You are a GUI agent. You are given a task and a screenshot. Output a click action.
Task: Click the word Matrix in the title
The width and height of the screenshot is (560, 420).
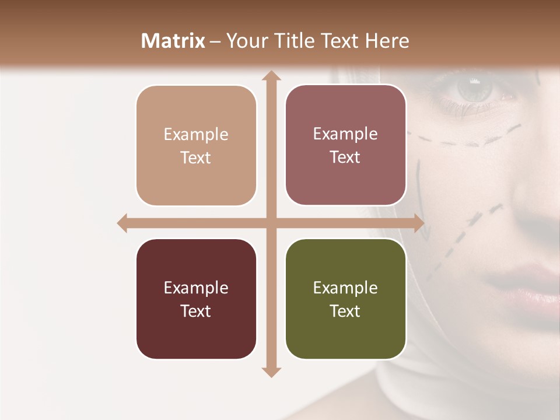[173, 41]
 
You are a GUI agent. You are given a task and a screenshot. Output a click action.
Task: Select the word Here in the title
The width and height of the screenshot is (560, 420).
[387, 41]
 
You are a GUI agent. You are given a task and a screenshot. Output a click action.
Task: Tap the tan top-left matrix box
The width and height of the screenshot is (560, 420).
[196, 146]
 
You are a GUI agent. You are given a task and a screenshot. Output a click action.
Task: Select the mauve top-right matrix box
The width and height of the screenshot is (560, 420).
[345, 145]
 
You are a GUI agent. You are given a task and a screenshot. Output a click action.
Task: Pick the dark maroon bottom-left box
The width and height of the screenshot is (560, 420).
[196, 299]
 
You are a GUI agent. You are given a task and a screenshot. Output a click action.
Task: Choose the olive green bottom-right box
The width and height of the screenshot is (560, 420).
[345, 299]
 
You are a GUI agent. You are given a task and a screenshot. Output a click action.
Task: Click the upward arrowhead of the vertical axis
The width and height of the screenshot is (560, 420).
[271, 76]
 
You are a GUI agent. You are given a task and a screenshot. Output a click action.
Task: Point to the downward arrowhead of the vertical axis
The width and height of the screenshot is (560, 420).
[271, 372]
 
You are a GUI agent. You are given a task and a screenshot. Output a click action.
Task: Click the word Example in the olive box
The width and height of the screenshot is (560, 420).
[345, 288]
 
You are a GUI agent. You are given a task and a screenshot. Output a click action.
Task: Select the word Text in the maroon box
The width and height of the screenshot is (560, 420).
[196, 311]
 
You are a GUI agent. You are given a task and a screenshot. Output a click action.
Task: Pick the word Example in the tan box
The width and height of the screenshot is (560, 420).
[196, 134]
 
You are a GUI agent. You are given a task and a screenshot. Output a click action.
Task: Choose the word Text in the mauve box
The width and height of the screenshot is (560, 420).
[345, 157]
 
